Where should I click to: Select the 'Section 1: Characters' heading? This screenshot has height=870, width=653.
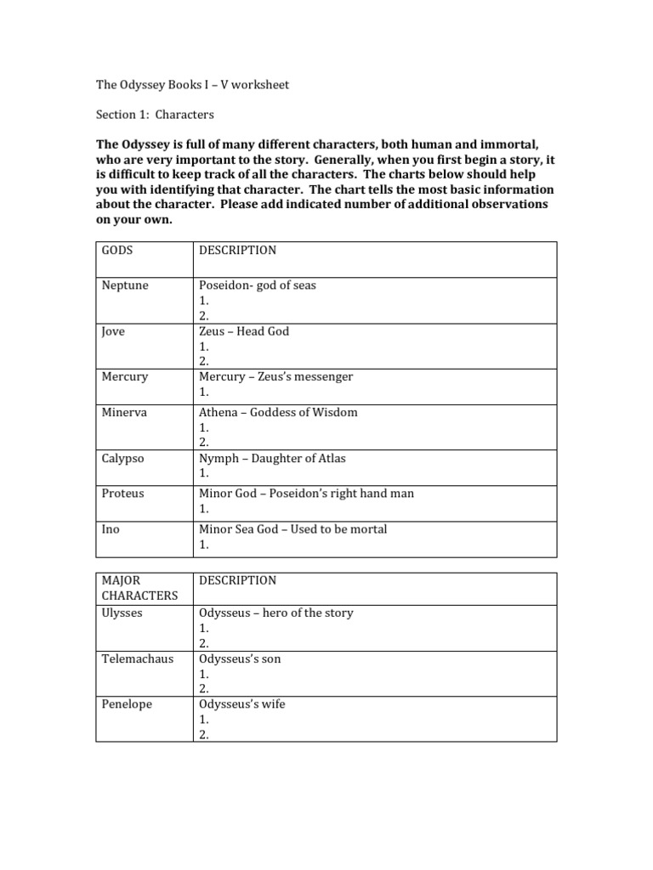(x=155, y=114)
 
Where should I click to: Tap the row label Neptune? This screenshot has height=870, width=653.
(x=125, y=285)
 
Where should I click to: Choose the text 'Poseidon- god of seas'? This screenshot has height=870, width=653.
(x=257, y=285)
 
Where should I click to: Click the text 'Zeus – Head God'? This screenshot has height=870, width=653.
(x=244, y=331)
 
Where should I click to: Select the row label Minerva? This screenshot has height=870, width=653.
(x=124, y=412)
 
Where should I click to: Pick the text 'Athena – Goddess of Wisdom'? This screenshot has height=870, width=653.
(x=278, y=412)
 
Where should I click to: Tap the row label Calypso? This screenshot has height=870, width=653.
(x=123, y=458)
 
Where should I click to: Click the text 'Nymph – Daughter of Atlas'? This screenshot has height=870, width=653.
(x=272, y=458)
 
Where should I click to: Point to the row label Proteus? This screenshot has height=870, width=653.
(x=123, y=494)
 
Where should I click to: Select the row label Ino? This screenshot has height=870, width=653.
(x=111, y=529)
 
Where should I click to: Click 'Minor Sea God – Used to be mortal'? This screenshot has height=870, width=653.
(x=292, y=529)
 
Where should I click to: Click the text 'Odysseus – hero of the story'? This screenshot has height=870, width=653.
(x=275, y=613)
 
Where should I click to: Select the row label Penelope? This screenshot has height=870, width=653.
(x=127, y=704)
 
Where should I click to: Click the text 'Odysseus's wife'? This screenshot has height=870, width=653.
(x=241, y=704)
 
